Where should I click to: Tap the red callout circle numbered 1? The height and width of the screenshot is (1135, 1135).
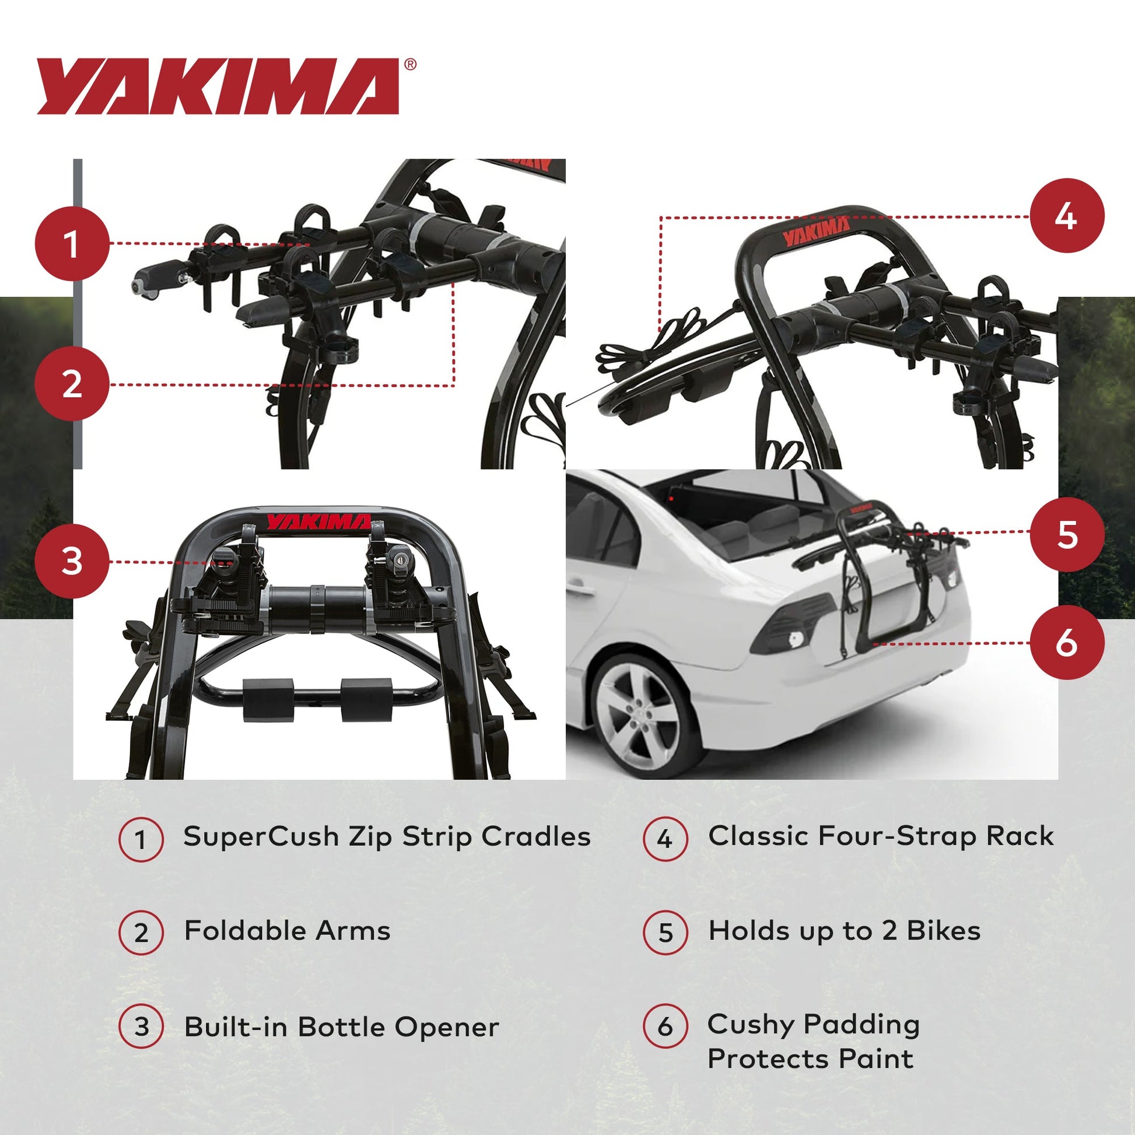[x=72, y=243]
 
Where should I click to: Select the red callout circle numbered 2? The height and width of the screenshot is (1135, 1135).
[x=72, y=384]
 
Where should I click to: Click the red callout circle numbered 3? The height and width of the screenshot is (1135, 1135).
[x=72, y=561]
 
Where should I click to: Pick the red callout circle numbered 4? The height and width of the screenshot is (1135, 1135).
[x=1067, y=216]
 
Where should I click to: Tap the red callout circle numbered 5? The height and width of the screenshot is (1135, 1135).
[x=1067, y=534]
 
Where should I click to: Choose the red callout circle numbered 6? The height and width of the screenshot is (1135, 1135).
[x=1067, y=643]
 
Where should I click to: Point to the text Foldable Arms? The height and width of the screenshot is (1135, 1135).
[x=288, y=931]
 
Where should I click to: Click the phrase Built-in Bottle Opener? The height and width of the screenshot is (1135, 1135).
[x=341, y=1028]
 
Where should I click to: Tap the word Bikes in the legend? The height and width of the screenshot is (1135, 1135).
[x=944, y=931]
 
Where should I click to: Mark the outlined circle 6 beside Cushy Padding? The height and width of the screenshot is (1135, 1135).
[x=665, y=1027]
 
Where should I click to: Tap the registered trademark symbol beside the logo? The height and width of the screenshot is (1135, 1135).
[x=411, y=64]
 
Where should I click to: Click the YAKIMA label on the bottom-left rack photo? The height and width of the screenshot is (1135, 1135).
[x=319, y=521]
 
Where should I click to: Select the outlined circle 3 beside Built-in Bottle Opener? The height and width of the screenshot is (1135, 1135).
[x=141, y=1027]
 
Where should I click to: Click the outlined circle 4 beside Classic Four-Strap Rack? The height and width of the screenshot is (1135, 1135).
[x=665, y=838]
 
